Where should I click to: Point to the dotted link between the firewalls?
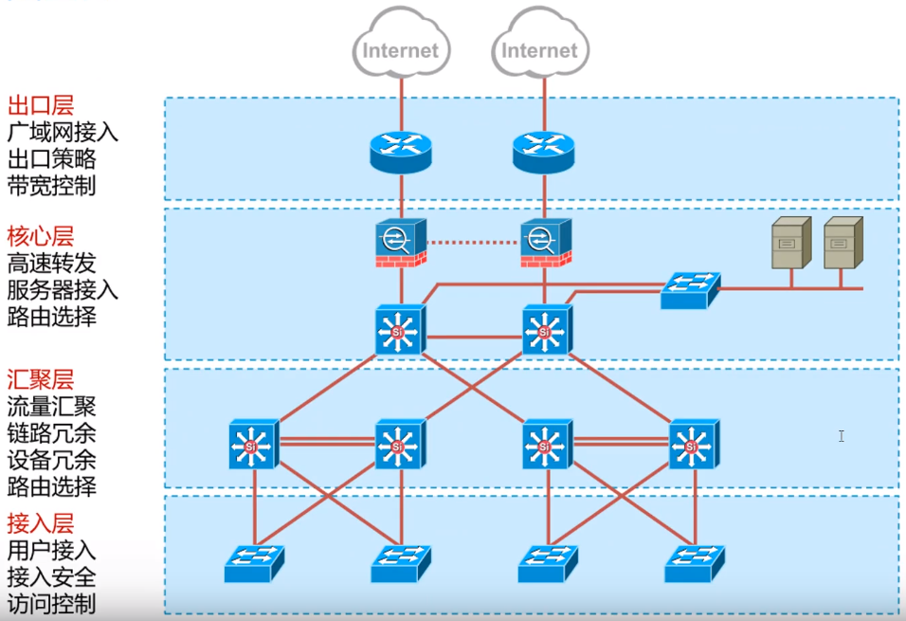(x=473, y=243)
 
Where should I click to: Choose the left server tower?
(x=791, y=244)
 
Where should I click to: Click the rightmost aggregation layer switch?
(x=693, y=443)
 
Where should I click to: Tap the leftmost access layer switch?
(x=254, y=563)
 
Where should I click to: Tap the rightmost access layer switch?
(x=695, y=563)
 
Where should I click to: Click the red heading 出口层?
(x=40, y=105)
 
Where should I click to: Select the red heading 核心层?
(x=40, y=235)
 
